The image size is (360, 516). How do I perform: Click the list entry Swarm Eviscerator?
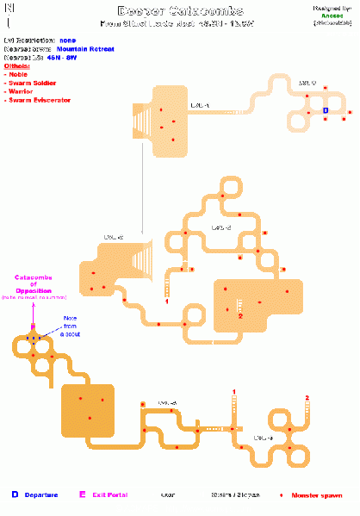40,100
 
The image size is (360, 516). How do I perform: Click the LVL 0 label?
307,84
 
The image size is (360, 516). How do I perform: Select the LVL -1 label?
200,104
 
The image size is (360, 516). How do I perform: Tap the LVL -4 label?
166,403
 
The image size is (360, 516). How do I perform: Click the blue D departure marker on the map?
326,111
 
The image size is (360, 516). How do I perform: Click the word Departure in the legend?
40,495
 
